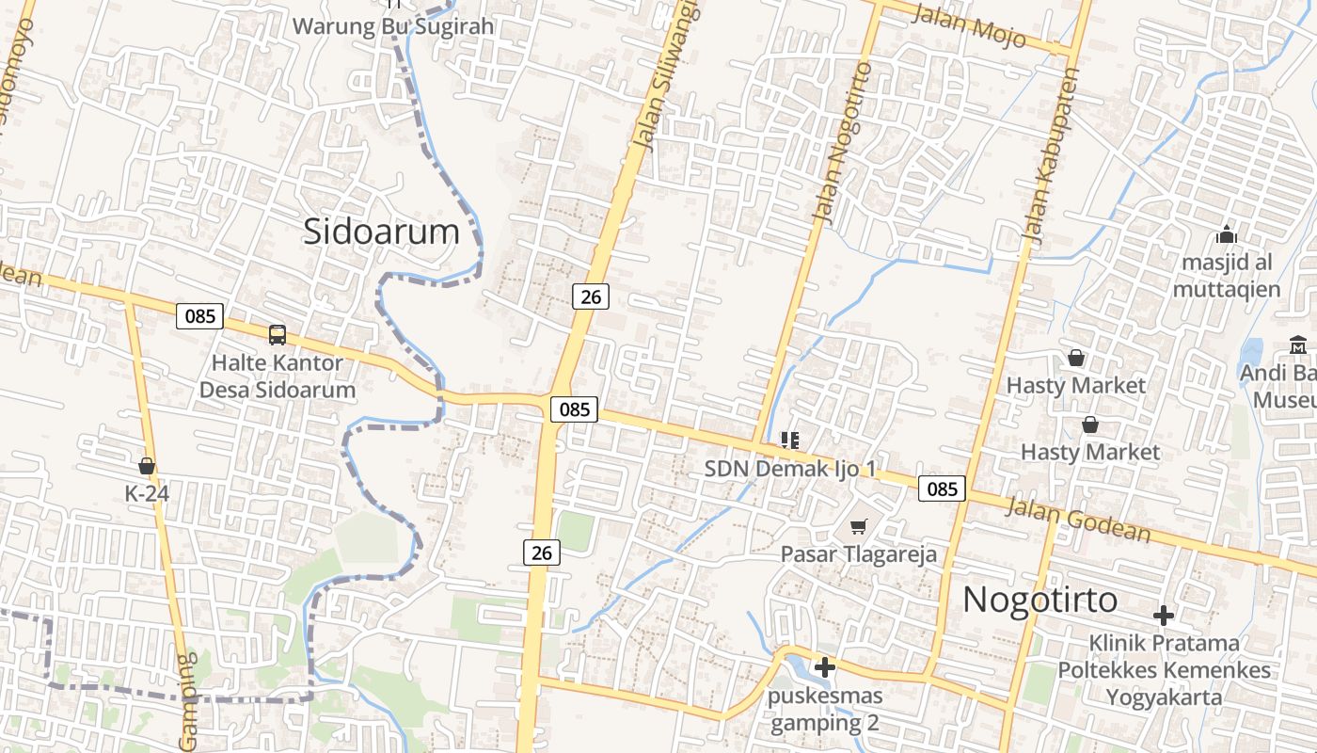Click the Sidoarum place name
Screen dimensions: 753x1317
[381, 232]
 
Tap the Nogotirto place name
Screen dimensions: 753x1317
[1040, 600]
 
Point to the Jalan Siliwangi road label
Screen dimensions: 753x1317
[667, 75]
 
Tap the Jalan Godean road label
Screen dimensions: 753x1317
[1078, 521]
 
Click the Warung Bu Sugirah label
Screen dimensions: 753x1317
[393, 26]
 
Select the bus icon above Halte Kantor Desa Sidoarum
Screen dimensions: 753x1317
[278, 334]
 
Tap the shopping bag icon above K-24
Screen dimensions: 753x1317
[147, 465]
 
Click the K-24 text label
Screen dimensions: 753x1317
[146, 492]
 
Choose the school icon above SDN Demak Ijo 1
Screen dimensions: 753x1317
[790, 440]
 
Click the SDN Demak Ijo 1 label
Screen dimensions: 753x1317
[790, 469]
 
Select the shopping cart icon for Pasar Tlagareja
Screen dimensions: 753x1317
[858, 526]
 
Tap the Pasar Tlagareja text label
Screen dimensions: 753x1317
[859, 554]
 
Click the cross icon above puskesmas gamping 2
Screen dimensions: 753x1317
[825, 667]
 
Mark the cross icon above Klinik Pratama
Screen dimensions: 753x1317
[1164, 617]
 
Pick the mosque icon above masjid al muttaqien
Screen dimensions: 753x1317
[1227, 234]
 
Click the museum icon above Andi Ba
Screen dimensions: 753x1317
[1298, 344]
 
